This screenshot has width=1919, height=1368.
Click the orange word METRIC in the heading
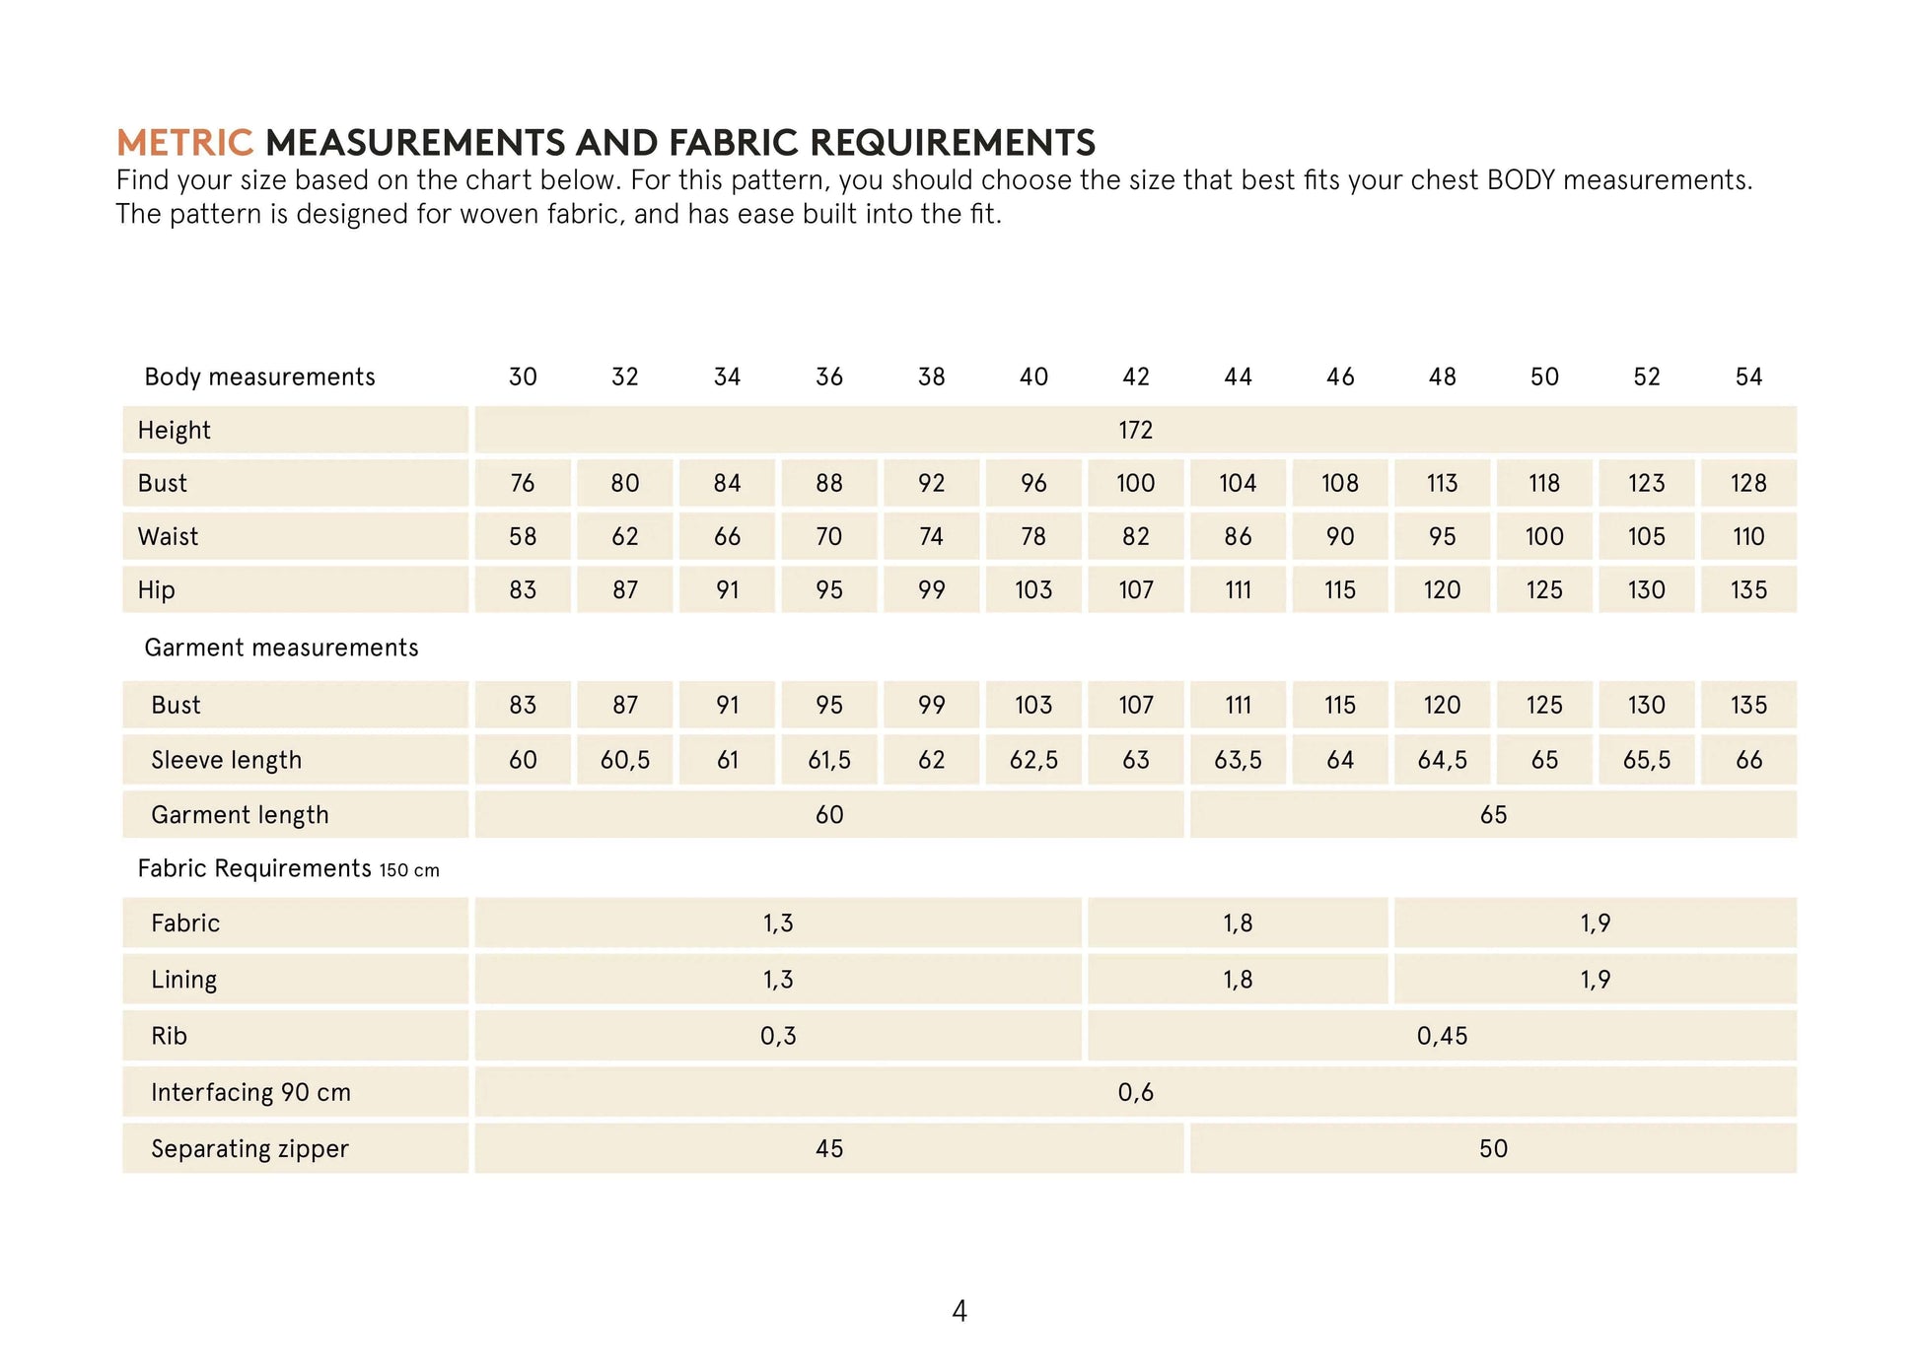click(x=184, y=143)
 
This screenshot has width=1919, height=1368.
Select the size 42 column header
click(x=1136, y=376)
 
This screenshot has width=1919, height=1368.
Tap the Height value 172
click(x=1136, y=430)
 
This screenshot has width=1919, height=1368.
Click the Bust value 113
click(x=1442, y=483)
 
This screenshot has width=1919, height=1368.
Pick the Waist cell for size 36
click(x=829, y=536)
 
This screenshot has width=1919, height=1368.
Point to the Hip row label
click(x=157, y=589)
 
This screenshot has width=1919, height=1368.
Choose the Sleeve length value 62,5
click(x=1033, y=760)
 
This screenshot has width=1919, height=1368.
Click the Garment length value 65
click(x=1493, y=814)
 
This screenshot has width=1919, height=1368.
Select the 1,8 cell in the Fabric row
click(x=1238, y=923)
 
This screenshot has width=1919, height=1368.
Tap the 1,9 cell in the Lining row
click(x=1595, y=979)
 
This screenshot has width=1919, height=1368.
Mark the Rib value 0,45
click(x=1442, y=1036)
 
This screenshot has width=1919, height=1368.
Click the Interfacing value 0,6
click(x=1136, y=1092)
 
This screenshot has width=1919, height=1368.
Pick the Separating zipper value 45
click(x=829, y=1148)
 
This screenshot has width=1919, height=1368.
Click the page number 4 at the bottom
click(x=959, y=1311)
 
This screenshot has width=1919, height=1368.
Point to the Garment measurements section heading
click(x=281, y=648)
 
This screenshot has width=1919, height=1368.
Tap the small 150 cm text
click(x=409, y=870)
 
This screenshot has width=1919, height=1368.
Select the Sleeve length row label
click(x=226, y=760)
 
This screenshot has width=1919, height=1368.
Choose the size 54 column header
click(x=1748, y=376)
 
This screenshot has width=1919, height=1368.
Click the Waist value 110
click(x=1748, y=536)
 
